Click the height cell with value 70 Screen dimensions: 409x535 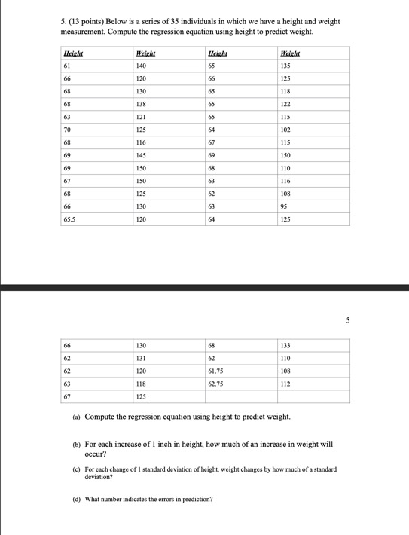(x=67, y=130)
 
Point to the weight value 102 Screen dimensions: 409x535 (x=286, y=130)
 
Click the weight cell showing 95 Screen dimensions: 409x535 (x=284, y=206)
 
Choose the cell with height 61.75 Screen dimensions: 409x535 (x=215, y=371)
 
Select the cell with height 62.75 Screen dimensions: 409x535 (x=215, y=384)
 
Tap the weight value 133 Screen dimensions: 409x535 (x=286, y=345)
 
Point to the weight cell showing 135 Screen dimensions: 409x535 (x=286, y=66)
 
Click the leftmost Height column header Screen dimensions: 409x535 (x=73, y=53)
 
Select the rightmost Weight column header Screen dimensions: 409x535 (x=288, y=53)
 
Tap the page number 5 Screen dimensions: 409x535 (x=348, y=320)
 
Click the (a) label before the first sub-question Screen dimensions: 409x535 (x=78, y=417)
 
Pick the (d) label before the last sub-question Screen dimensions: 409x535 (x=78, y=499)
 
